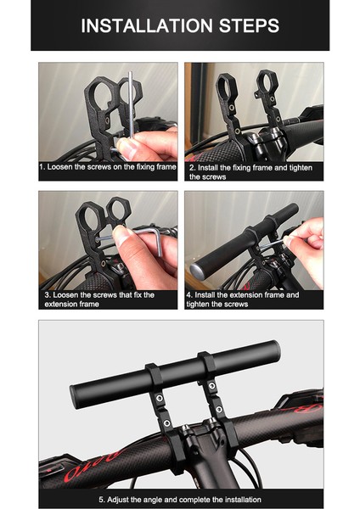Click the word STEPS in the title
pyautogui.click(x=250, y=25)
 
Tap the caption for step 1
pyautogui.click(x=108, y=167)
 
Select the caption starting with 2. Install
pyautogui.click(x=250, y=172)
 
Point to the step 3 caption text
pyautogui.click(x=99, y=299)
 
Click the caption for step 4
pyautogui.click(x=242, y=299)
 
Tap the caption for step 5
pyautogui.click(x=180, y=500)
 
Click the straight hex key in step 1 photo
pyautogui.click(x=130, y=103)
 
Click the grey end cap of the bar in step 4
pyautogui.click(x=197, y=270)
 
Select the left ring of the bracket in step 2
pyautogui.click(x=225, y=86)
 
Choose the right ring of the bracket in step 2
pyautogui.click(x=267, y=81)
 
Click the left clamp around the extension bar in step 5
pyautogui.click(x=154, y=376)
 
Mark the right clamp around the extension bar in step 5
pyautogui.click(x=207, y=364)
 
